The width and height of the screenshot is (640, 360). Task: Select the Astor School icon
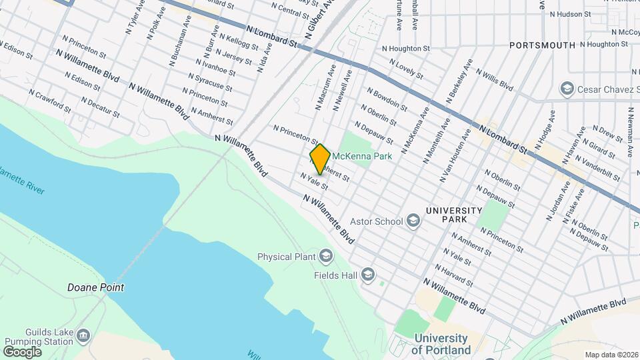pyautogui.click(x=413, y=221)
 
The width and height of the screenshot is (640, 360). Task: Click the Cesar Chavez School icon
pyautogui.click(x=567, y=89)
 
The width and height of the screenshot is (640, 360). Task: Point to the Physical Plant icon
pyautogui.click(x=326, y=256)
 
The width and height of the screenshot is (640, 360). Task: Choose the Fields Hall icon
pyautogui.click(x=367, y=275)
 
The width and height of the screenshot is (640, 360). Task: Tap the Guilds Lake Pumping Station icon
pyautogui.click(x=83, y=334)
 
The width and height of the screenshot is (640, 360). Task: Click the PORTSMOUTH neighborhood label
pyautogui.click(x=542, y=45)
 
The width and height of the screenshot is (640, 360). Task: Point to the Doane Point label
pyautogui.click(x=95, y=288)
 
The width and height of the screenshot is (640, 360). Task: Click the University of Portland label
pyautogui.click(x=441, y=344)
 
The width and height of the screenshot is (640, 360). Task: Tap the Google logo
pyautogui.click(x=22, y=351)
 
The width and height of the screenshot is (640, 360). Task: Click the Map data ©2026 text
pyautogui.click(x=611, y=355)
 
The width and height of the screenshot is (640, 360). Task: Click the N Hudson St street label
pyautogui.click(x=570, y=13)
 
